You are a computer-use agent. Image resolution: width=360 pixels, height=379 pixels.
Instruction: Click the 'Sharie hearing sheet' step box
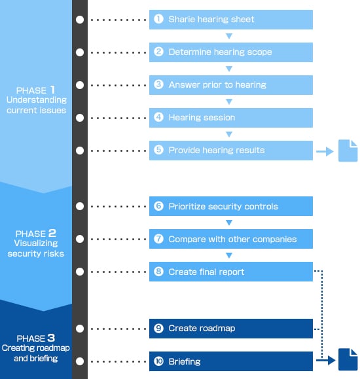click(x=230, y=20)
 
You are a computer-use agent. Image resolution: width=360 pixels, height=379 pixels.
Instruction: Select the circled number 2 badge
click(x=158, y=52)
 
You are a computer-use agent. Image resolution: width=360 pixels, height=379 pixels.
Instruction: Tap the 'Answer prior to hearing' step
click(x=230, y=85)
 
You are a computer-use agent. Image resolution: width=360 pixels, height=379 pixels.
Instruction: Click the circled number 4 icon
click(x=158, y=117)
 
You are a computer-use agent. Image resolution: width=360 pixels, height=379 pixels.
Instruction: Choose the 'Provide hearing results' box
click(x=230, y=151)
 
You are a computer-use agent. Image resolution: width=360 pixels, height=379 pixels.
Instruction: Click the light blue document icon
click(x=348, y=151)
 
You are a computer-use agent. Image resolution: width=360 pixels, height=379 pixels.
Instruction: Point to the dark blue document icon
click(x=348, y=359)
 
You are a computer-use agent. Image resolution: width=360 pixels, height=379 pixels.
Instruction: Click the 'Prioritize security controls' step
click(x=230, y=206)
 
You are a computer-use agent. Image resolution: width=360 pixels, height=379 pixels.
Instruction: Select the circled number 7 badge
click(x=158, y=239)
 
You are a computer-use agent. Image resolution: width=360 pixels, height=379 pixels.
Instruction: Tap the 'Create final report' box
click(x=230, y=272)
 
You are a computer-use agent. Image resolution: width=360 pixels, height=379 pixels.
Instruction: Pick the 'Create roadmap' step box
click(x=230, y=329)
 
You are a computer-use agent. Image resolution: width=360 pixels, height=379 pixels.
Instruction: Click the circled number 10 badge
click(x=158, y=361)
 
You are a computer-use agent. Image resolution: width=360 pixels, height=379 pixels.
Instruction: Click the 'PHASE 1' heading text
click(x=35, y=90)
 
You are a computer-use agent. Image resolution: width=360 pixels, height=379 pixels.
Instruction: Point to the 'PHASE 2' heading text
click(x=36, y=234)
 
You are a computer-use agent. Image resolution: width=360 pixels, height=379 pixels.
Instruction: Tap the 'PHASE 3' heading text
click(x=36, y=338)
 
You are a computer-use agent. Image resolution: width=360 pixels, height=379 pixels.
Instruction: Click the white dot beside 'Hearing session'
click(x=80, y=118)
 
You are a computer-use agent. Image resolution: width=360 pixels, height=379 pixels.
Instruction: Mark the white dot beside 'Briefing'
click(x=80, y=361)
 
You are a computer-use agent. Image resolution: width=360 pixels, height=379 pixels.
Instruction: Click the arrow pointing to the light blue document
click(x=325, y=152)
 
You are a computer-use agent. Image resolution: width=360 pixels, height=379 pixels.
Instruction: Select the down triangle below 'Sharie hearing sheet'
click(x=229, y=36)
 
